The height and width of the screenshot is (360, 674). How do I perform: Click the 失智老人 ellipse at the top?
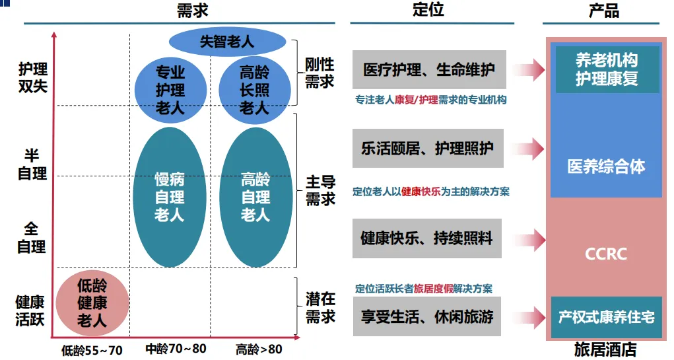[228, 42]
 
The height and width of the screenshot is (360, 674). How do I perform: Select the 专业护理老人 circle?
[170, 90]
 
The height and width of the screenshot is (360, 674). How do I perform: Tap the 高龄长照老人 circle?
[254, 90]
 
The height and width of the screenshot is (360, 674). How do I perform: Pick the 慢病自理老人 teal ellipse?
[170, 197]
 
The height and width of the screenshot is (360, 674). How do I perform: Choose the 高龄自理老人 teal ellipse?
[255, 197]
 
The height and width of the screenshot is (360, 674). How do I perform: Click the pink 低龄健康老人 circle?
[92, 303]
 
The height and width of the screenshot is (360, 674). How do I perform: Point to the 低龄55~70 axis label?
[92, 349]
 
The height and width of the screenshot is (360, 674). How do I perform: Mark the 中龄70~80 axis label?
[175, 349]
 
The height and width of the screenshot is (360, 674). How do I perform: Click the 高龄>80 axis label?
[259, 349]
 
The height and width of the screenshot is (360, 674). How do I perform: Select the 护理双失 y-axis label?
[33, 77]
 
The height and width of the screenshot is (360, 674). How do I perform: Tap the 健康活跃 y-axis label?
[30, 311]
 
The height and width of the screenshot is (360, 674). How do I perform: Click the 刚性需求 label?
[320, 73]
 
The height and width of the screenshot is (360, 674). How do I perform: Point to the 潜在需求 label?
[320, 308]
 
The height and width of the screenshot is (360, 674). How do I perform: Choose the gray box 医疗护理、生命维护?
[429, 69]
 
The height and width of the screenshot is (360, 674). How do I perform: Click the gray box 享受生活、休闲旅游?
[427, 316]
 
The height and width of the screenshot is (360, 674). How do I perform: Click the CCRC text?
[605, 254]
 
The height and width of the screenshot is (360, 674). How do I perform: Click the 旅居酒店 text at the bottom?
[605, 349]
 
